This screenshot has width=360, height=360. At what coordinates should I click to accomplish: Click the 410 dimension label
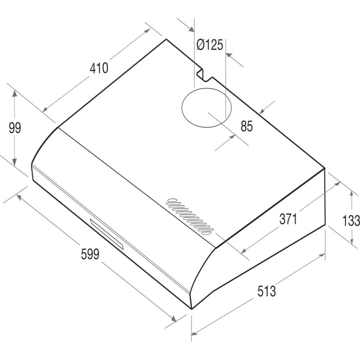tap(99, 68)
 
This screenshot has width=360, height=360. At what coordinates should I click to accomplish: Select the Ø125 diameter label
tap(210, 45)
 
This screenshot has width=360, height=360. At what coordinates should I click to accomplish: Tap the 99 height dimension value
tap(15, 128)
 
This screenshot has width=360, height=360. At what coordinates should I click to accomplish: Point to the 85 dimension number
tap(247, 126)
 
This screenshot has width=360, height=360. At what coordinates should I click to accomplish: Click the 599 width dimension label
tap(90, 254)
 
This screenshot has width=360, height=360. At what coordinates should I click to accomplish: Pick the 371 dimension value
tap(288, 219)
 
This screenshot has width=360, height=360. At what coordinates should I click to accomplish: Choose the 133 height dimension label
tap(351, 220)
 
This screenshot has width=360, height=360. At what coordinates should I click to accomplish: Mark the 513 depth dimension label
tap(266, 291)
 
